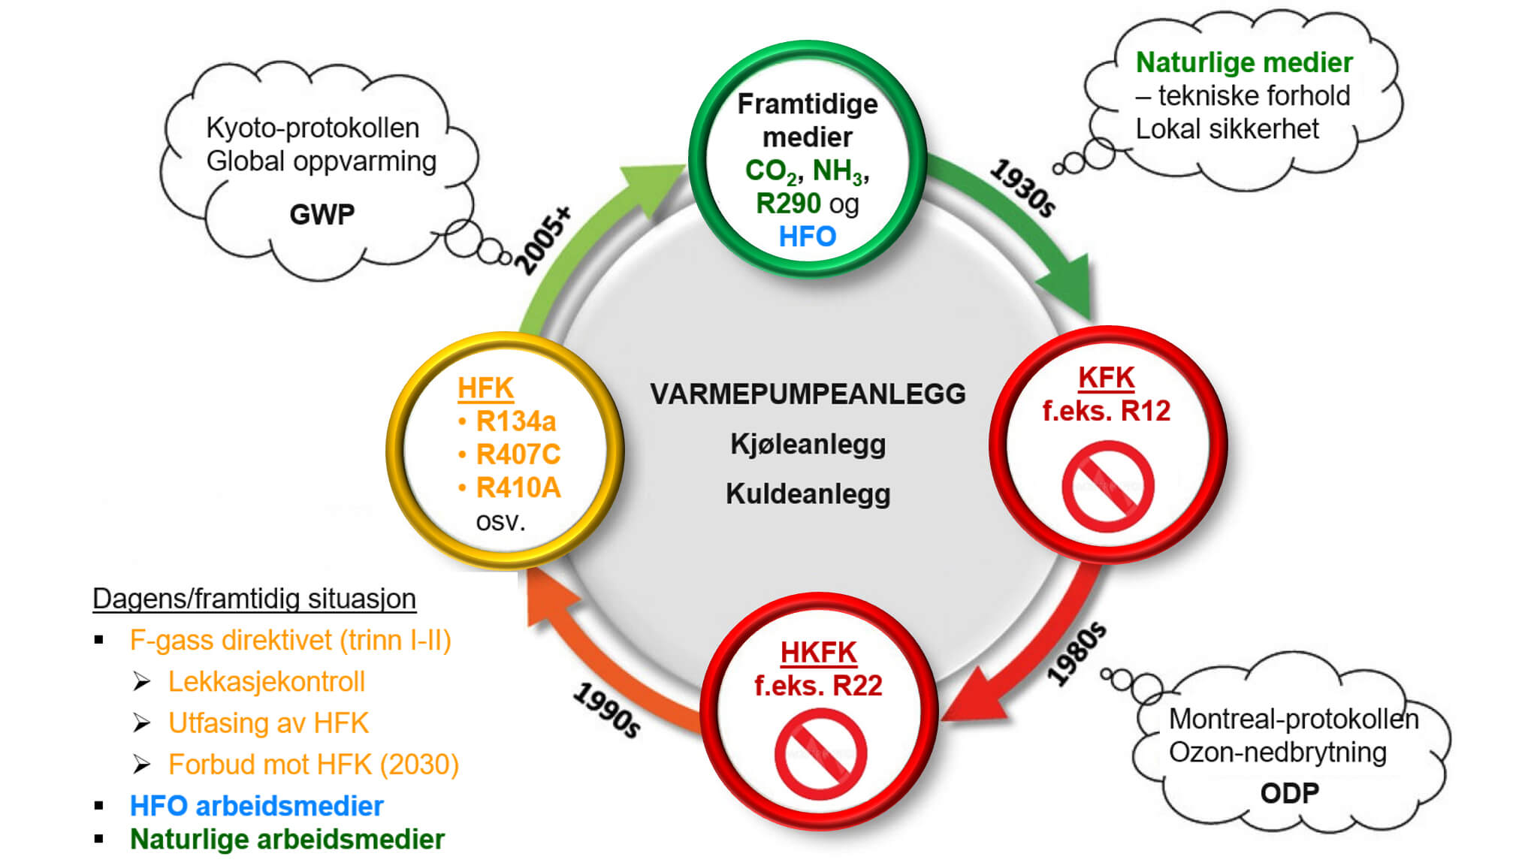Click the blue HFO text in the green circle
coord(807,237)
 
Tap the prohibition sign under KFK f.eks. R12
coord(1107,487)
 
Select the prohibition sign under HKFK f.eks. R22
coord(820,754)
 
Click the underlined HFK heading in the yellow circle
coord(485,388)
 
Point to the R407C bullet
coord(518,454)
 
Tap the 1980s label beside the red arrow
coord(1077,653)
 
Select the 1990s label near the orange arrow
coord(607,710)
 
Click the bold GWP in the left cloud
coord(322,215)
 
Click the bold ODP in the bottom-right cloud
coord(1289,793)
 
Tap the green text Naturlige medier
coord(1243,62)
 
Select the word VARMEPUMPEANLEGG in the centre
coord(808,394)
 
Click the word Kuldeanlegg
coord(808,494)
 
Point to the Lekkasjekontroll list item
coord(266,681)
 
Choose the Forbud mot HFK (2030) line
coord(313,765)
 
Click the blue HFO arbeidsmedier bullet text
coord(256,806)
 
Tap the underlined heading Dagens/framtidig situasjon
coord(254,599)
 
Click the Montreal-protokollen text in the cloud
coord(1293,719)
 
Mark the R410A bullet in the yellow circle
coord(518,488)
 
